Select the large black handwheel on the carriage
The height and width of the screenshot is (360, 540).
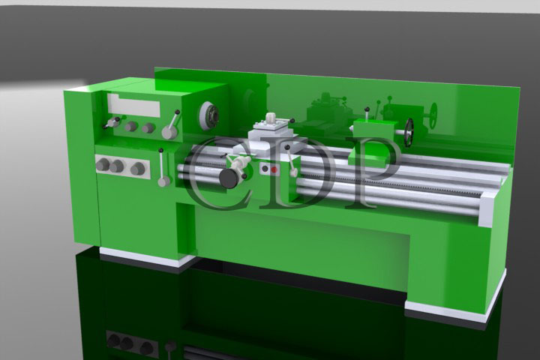[x=229, y=177]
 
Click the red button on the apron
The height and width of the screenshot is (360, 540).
[x=274, y=169]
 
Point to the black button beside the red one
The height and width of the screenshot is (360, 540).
[x=265, y=169]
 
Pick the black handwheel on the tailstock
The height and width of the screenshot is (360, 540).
[x=409, y=133]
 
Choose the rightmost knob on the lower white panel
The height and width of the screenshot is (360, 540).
[x=137, y=169]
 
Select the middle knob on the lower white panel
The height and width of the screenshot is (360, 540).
[x=117, y=166]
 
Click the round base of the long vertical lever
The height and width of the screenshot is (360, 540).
[x=163, y=181]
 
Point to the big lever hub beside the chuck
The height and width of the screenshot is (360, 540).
[x=169, y=132]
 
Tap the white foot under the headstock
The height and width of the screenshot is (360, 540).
[x=146, y=258]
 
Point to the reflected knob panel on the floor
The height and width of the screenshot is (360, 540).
[x=132, y=344]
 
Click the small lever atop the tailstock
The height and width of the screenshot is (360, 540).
[x=367, y=113]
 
